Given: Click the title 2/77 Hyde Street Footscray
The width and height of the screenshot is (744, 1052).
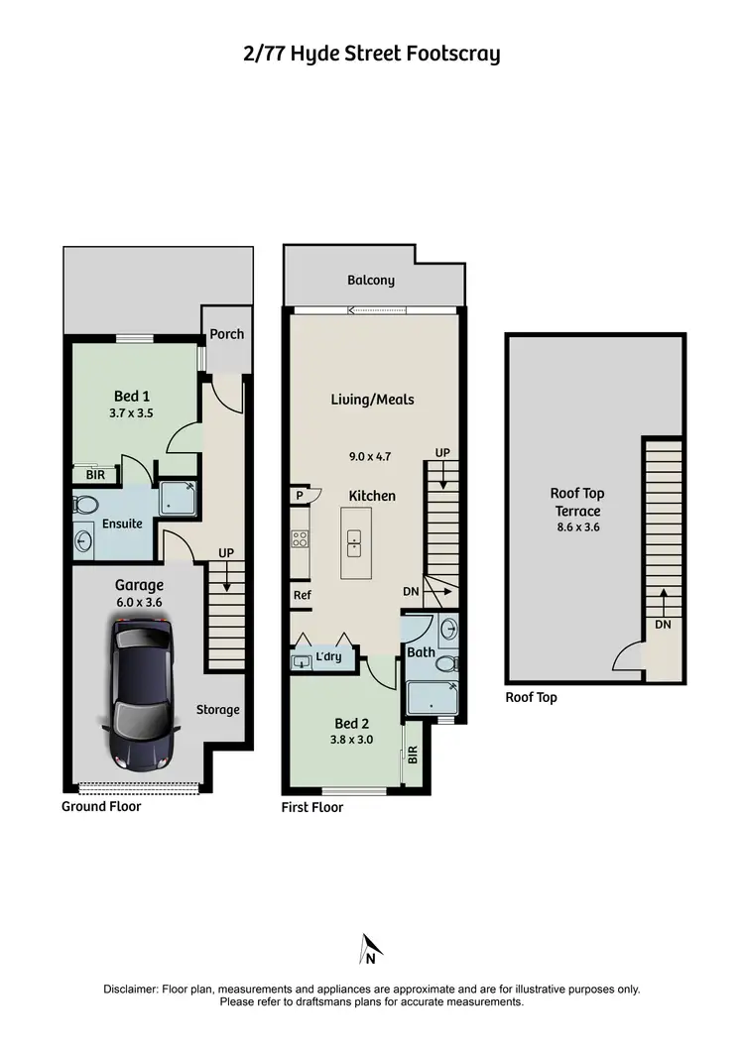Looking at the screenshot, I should click(x=372, y=54).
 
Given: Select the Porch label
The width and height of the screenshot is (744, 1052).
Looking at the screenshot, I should click(x=227, y=334).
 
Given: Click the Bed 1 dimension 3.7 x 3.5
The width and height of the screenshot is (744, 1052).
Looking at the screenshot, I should click(x=132, y=413).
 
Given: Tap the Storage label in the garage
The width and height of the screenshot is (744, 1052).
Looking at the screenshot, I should click(x=217, y=710).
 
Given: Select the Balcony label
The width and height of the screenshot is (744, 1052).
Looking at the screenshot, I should click(x=371, y=281).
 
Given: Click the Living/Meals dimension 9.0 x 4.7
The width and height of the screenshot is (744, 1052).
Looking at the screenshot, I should click(x=372, y=458).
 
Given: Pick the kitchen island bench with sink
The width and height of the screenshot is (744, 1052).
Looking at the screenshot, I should click(x=354, y=542).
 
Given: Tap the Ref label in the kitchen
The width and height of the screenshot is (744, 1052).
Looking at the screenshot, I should click(x=302, y=596).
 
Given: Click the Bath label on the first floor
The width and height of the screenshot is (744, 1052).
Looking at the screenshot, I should click(x=421, y=652).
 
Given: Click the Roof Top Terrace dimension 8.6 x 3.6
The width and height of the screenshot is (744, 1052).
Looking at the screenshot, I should click(x=577, y=527).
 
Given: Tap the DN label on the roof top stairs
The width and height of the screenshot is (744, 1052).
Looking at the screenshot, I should click(x=663, y=626).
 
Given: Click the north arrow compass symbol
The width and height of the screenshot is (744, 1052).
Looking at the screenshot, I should click(x=370, y=949).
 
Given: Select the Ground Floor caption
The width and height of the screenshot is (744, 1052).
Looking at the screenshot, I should click(x=101, y=806).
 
